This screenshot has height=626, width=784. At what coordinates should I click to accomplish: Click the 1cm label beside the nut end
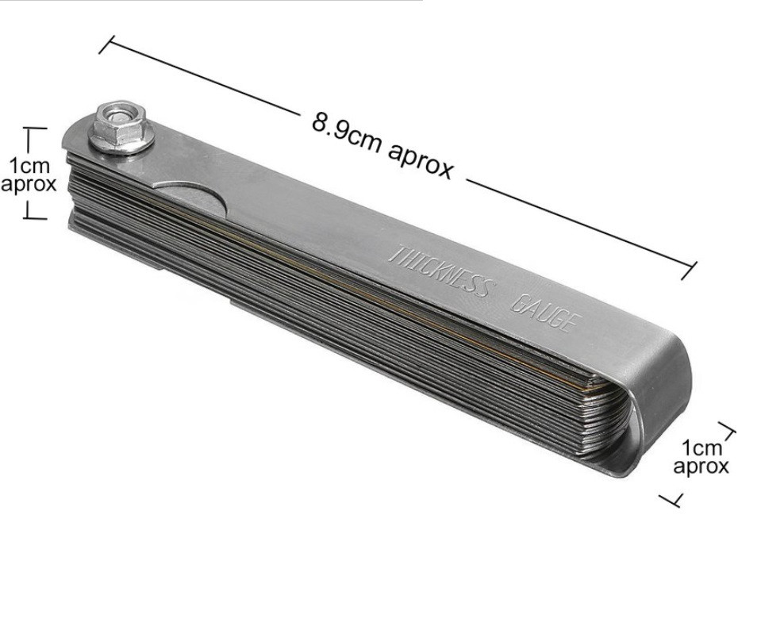(30, 165)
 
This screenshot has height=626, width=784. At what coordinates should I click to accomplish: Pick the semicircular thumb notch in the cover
(193, 197)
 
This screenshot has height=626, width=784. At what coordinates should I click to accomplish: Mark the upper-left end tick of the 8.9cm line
(107, 44)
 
